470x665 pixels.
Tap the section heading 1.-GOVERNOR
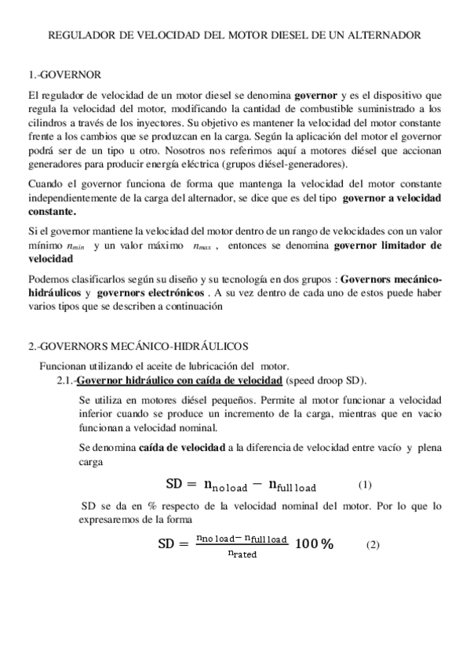click(x=64, y=75)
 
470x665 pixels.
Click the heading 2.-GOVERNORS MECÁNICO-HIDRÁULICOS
click(x=138, y=346)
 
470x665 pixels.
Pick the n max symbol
click(x=204, y=246)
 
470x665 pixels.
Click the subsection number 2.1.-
click(x=61, y=381)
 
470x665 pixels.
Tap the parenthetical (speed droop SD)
click(x=325, y=381)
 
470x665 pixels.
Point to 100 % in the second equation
click(x=314, y=545)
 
